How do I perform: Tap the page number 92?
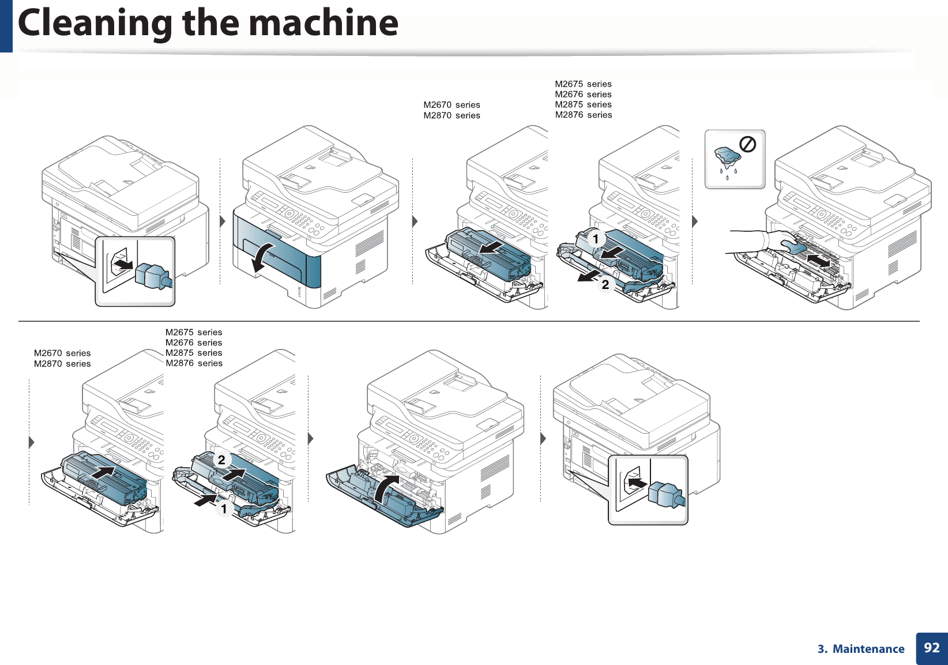point(931,648)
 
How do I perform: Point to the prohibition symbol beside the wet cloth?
point(747,144)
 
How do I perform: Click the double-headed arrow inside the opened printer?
point(818,261)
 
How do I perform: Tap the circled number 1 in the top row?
point(595,238)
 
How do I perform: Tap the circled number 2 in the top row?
point(605,284)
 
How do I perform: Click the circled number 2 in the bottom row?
point(221,460)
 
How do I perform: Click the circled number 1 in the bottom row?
point(224,509)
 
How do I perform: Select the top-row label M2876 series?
point(583,115)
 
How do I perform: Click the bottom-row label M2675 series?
point(194,332)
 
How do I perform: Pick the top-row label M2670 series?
point(452,105)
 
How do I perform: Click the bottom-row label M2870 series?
point(62,364)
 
